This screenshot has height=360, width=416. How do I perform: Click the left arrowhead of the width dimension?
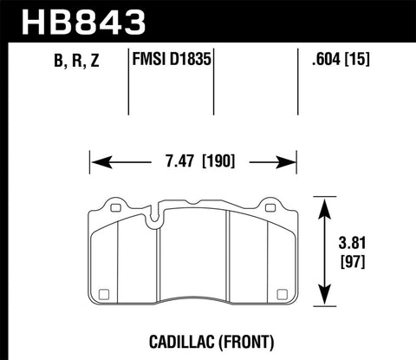coord(95,160)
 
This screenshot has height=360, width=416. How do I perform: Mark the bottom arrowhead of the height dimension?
coord(324,305)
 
